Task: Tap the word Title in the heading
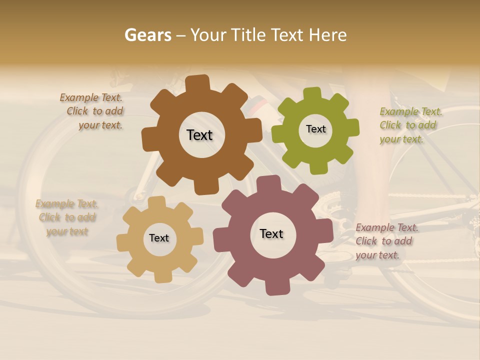point(247,35)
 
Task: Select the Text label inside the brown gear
point(199,135)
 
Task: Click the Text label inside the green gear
point(315,129)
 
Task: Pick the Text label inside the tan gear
point(159,238)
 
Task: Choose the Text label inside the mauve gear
point(271,233)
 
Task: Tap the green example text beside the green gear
point(410,125)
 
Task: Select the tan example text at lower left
point(67,217)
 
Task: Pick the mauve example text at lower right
point(386,241)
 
